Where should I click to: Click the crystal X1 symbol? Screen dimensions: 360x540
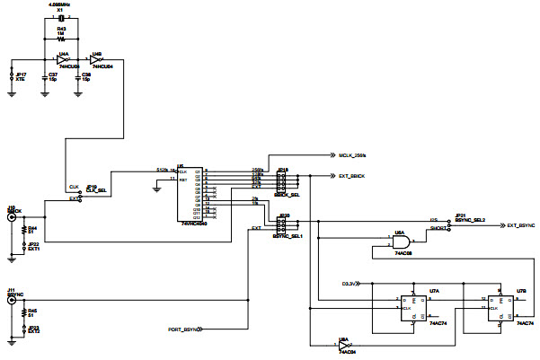click(61, 18)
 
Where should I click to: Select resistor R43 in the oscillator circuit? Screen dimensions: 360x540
click(61, 39)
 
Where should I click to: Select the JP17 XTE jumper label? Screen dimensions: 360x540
click(21, 77)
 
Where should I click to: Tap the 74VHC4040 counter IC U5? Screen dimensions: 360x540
click(192, 194)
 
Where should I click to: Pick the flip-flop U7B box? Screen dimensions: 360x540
click(500, 307)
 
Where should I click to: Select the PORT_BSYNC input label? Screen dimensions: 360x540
click(183, 330)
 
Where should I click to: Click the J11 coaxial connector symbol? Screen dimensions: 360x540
click(12, 302)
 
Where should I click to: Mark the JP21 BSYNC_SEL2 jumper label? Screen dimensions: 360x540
click(469, 218)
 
